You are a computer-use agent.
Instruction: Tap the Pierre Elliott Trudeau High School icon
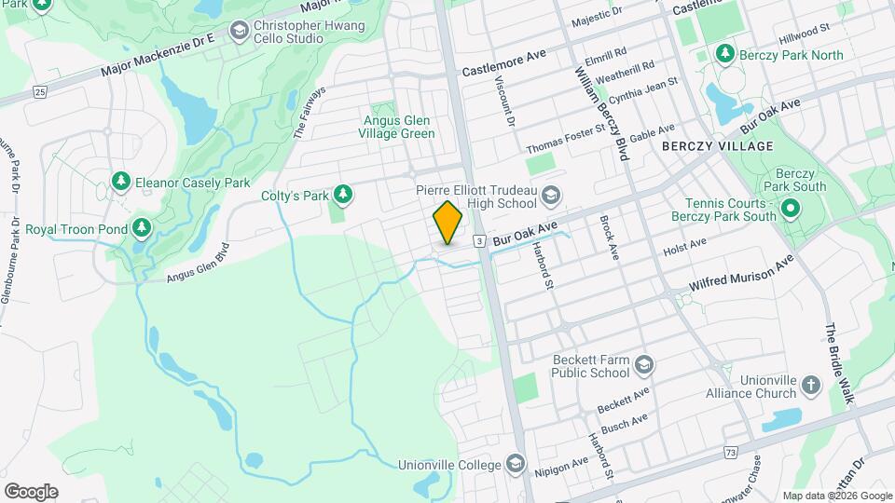pos(551,195)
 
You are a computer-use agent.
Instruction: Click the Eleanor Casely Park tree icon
pos(119,181)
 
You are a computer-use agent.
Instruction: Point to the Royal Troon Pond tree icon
pos(141,227)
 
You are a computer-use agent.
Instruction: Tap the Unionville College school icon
pos(516,464)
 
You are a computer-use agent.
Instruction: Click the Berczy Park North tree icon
pos(723,54)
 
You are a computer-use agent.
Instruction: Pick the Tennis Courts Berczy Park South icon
pos(791,208)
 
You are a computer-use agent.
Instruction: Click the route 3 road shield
pos(478,241)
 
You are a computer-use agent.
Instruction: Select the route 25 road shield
pos(39,91)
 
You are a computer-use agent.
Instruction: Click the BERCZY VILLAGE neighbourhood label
pos(717,147)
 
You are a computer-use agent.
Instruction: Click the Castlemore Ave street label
pos(504,70)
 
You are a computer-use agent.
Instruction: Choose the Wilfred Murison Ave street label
pos(742,274)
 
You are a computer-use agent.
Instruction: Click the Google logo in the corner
pos(31,491)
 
